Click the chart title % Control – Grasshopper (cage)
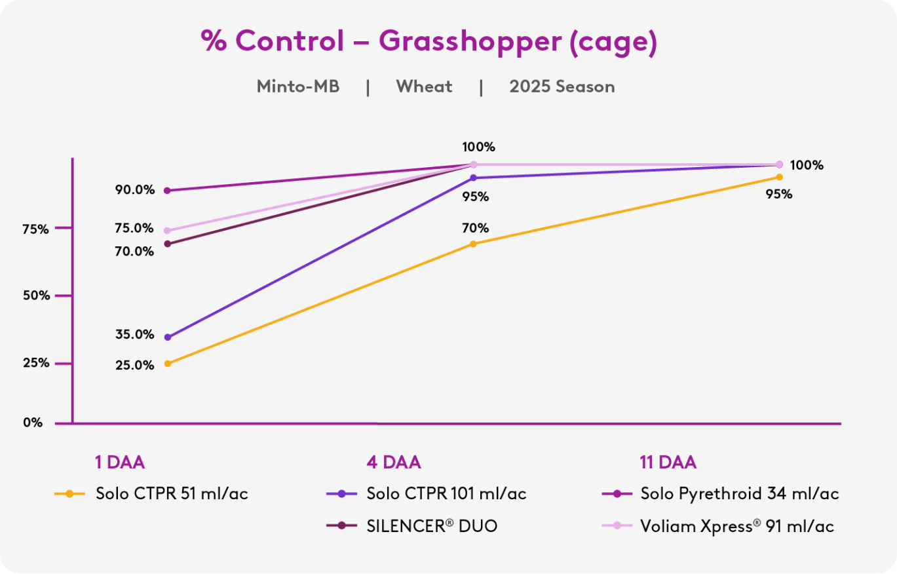coord(429,42)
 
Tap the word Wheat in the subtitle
coord(424,87)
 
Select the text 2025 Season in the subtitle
coord(562,87)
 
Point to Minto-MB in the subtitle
coord(298,87)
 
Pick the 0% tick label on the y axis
coord(33,423)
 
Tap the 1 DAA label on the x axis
coord(119,463)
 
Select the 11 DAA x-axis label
coord(668,463)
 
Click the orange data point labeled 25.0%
coord(167,364)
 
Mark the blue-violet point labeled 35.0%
coord(167,337)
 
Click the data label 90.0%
coord(136,190)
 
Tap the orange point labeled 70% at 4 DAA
coord(473,244)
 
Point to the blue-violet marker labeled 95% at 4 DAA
coord(473,178)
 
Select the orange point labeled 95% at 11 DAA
coord(779,177)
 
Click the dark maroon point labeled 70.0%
coord(167,244)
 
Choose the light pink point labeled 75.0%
coord(167,231)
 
